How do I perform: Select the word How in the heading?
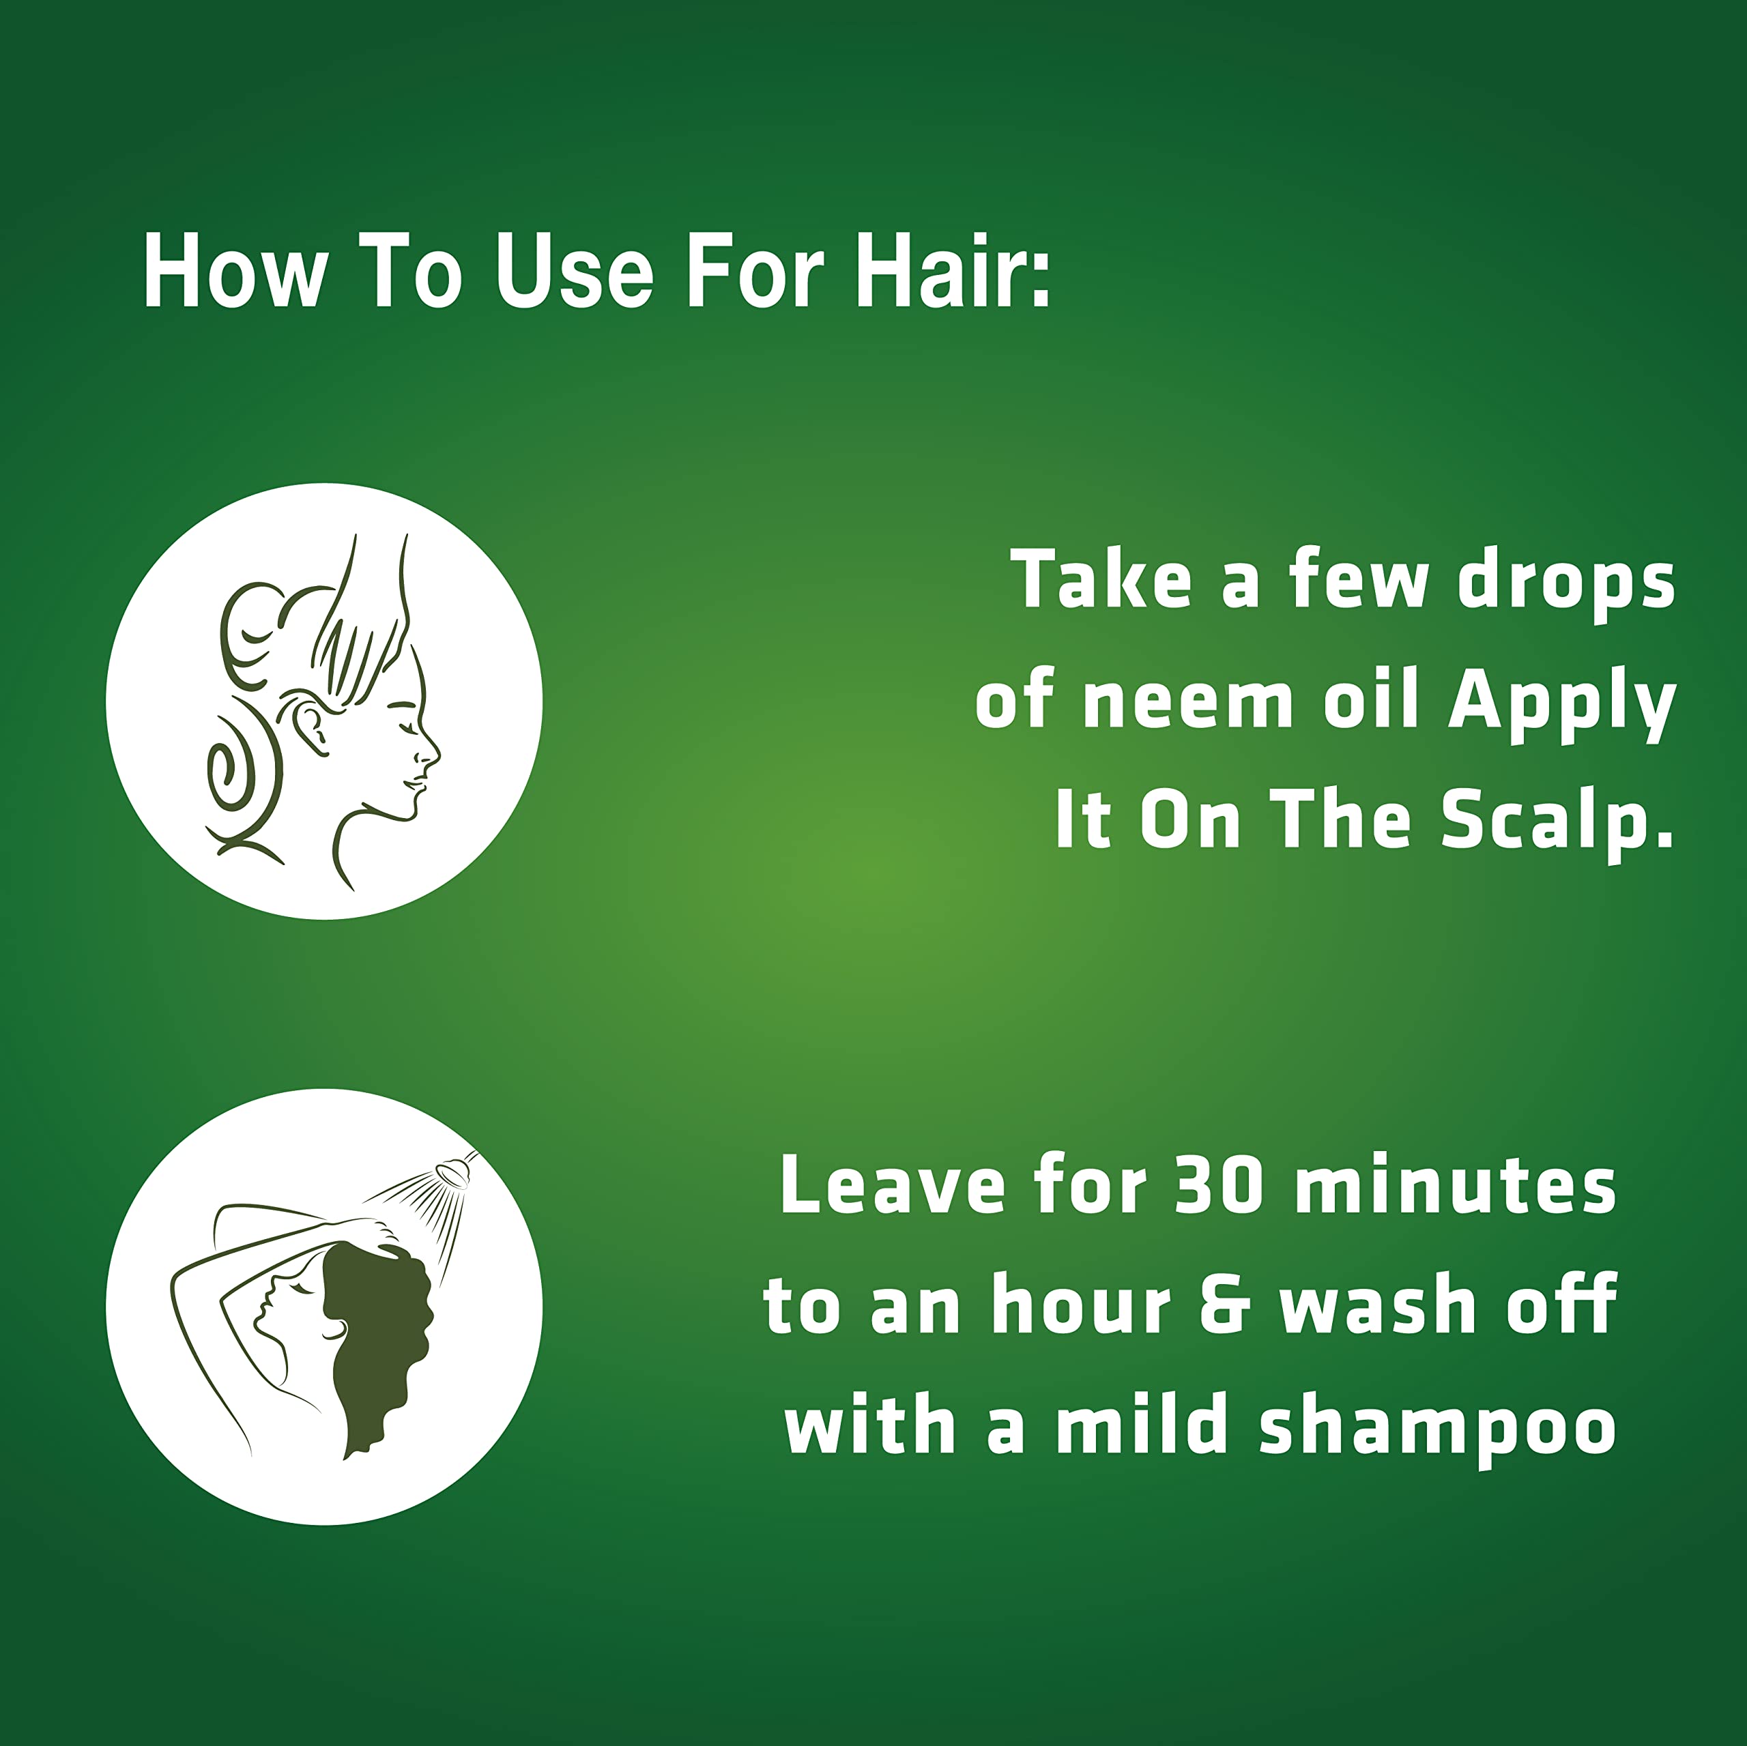233,272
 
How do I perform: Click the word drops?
1566,582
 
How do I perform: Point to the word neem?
1188,703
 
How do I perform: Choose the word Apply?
1561,706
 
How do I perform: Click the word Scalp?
1556,823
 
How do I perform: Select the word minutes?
1455,1185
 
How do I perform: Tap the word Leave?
893,1185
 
